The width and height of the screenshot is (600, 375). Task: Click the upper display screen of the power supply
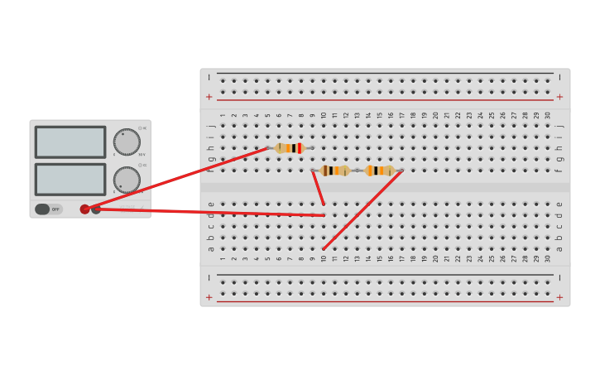pos(70,142)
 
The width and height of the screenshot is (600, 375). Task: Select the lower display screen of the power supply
pos(70,179)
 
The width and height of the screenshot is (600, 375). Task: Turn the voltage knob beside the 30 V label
pos(127,142)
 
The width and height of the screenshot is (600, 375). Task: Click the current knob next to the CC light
pos(127,180)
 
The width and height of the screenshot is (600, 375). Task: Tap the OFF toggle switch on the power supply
pos(48,209)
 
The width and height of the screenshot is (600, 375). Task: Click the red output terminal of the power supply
pos(85,209)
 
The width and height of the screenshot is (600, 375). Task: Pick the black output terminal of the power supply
pos(96,209)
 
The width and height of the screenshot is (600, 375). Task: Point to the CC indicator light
pos(140,165)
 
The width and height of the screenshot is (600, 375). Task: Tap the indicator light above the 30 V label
pos(140,128)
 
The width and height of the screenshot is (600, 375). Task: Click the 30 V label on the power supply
pos(142,155)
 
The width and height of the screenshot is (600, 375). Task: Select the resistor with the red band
pos(290,148)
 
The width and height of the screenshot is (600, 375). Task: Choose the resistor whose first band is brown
pos(335,171)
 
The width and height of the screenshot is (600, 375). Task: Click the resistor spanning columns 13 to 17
pos(380,171)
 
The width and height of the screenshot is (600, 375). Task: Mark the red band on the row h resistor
pos(299,148)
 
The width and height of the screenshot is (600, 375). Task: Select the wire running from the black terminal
pos(207,212)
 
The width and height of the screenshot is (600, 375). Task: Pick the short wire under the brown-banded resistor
pos(318,187)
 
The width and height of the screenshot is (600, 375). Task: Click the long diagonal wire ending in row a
pos(362,209)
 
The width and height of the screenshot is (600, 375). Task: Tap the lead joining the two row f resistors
pos(358,171)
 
